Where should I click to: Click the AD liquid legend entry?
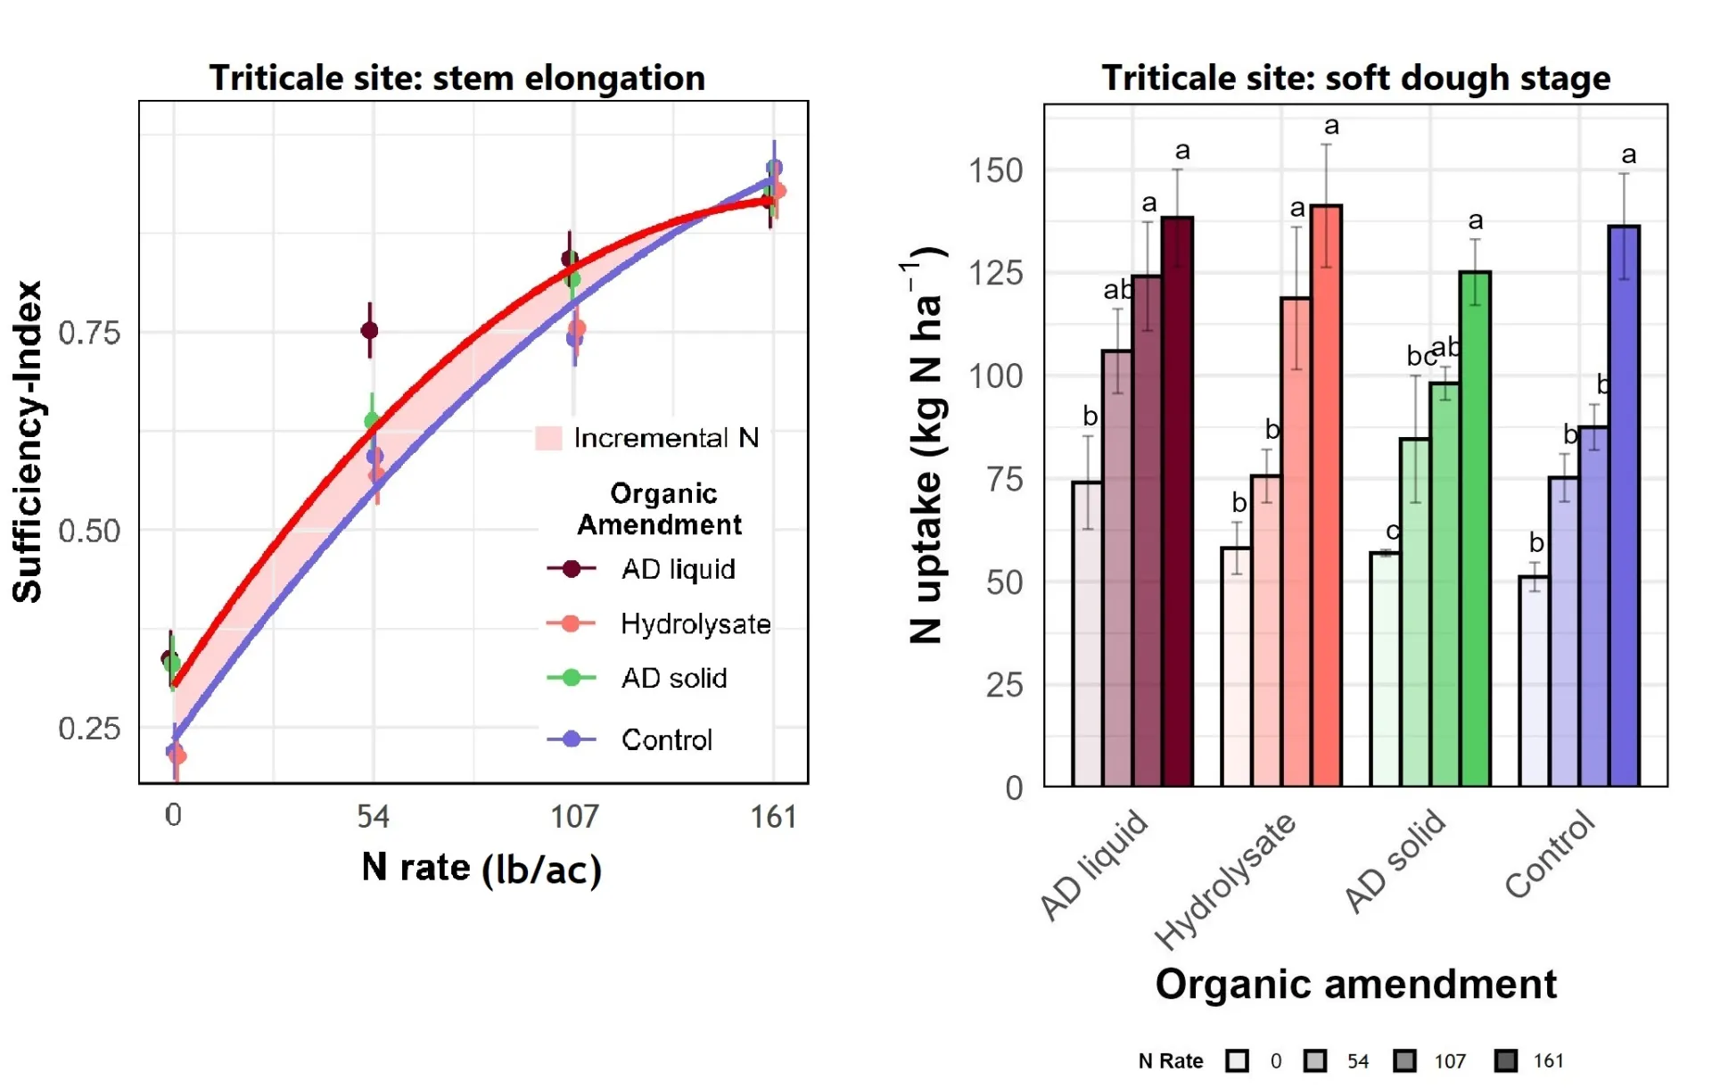click(678, 569)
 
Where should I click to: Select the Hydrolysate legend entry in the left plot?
click(695, 623)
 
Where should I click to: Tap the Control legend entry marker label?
click(666, 739)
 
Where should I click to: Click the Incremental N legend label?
click(665, 438)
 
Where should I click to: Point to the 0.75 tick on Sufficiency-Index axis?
click(89, 333)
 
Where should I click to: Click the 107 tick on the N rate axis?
click(574, 816)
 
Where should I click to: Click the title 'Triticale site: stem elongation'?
click(457, 78)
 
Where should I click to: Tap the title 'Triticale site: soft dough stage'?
click(1355, 78)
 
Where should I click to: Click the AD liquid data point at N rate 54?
click(369, 331)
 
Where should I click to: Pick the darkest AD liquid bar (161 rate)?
click(1177, 499)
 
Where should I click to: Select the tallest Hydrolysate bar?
click(1326, 495)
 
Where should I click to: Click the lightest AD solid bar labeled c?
click(1385, 669)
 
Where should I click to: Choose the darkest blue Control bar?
click(1624, 505)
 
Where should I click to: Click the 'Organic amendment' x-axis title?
click(1355, 985)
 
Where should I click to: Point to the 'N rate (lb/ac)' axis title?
click(481, 868)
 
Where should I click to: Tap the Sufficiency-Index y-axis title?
click(29, 441)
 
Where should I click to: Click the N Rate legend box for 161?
click(1506, 1060)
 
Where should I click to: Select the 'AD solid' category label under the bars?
click(1395, 861)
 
